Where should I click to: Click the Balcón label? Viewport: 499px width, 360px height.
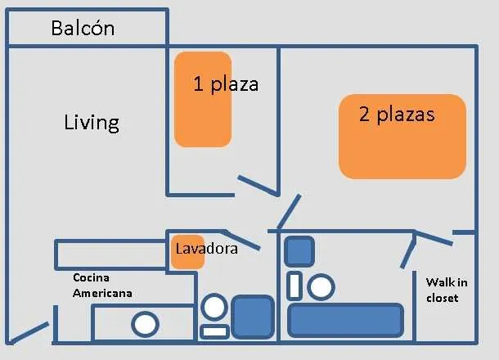[83, 28]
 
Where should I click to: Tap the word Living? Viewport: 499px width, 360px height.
[92, 123]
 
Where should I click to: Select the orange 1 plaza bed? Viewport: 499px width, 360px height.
[203, 99]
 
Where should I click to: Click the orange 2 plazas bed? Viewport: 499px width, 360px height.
[402, 137]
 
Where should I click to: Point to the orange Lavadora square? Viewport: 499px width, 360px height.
[188, 252]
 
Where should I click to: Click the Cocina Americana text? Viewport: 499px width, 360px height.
[102, 286]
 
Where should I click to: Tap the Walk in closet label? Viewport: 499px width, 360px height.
[447, 290]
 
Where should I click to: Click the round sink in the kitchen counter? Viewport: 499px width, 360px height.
[145, 324]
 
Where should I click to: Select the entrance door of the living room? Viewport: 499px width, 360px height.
[28, 333]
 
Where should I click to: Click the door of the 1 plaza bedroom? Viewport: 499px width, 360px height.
[258, 185]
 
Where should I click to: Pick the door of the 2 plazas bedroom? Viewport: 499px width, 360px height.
[289, 211]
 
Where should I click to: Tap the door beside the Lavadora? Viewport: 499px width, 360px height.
[241, 239]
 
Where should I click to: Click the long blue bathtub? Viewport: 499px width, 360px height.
[345, 320]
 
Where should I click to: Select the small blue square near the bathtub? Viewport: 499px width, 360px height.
[299, 251]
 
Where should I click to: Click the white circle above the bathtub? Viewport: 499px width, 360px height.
[321, 287]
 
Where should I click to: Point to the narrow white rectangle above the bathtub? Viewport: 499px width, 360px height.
[294, 286]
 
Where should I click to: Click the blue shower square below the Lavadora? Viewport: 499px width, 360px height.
[253, 317]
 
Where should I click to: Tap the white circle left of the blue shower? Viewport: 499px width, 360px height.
[214, 307]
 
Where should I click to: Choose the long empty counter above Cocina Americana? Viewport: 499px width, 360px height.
[110, 254]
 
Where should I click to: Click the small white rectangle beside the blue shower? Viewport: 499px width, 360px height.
[214, 331]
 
